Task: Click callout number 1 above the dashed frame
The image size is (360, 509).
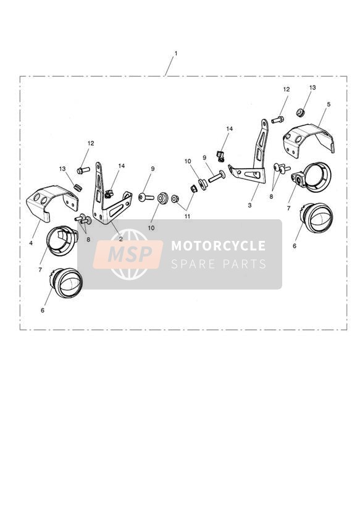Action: coord(176,53)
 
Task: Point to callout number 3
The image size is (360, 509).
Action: coord(249,205)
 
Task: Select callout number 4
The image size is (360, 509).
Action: coord(31,243)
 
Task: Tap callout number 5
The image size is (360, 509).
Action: coord(329,104)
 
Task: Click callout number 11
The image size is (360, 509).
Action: coord(187,216)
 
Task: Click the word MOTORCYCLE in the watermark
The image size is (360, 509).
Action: coord(218,245)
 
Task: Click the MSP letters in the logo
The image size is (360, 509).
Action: coord(130,254)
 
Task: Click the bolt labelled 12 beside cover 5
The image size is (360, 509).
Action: coord(277,120)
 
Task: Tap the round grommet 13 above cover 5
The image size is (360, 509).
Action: coord(300,112)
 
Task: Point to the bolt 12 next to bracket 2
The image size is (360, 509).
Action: coord(83,170)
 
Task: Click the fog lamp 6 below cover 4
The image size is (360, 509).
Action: coord(67,283)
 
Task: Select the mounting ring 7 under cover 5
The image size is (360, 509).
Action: coord(312,177)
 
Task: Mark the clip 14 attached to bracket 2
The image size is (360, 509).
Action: coord(109,194)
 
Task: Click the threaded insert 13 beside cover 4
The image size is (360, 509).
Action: coord(77,188)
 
